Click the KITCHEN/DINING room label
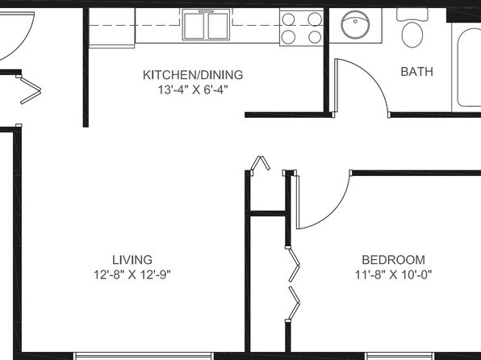tap(193, 75)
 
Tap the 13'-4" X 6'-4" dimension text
tap(193, 90)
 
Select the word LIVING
tap(132, 260)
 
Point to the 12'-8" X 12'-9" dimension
tap(132, 274)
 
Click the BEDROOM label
tap(394, 260)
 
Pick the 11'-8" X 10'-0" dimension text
tap(394, 274)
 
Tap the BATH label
tap(417, 72)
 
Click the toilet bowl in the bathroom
tap(412, 35)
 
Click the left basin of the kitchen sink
tap(194, 26)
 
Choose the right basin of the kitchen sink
tap(218, 26)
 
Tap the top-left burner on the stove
tap(288, 19)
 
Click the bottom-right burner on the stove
tap(315, 37)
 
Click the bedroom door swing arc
tap(334, 209)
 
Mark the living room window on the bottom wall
tap(144, 356)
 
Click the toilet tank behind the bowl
tap(412, 15)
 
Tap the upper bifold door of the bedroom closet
tap(294, 265)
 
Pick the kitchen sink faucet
tap(206, 11)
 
